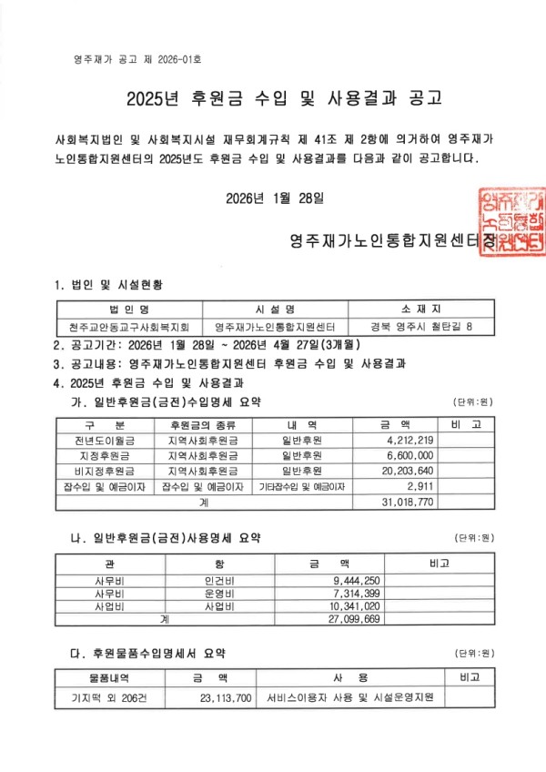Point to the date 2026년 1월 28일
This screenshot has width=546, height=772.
pos(273,196)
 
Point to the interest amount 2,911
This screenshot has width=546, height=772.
pos(417,486)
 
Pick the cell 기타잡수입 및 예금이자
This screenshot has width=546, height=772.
pos(302,486)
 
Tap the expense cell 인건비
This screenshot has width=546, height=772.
pos(220,579)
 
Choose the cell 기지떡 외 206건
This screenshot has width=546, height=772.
pos(96,697)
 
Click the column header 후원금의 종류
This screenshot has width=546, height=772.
pos(202,424)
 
